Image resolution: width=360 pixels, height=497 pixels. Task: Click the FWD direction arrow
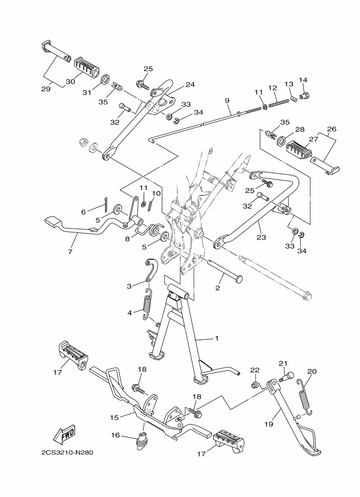click(64, 434)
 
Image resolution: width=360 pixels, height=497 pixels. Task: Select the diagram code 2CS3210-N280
click(68, 452)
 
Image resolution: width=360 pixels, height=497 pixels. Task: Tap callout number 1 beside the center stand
click(217, 339)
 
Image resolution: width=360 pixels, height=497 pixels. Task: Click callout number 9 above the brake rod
click(227, 101)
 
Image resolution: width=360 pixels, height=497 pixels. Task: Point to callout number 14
click(303, 80)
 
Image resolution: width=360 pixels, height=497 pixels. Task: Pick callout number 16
click(115, 435)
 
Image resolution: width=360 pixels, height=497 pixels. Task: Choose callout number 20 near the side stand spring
click(312, 371)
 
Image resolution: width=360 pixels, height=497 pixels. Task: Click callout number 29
click(46, 89)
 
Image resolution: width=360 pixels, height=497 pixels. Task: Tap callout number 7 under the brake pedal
click(70, 252)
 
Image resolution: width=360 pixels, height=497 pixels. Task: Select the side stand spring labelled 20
click(304, 396)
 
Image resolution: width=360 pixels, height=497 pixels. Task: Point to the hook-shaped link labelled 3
click(151, 270)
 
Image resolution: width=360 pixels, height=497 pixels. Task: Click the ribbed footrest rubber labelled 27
click(298, 149)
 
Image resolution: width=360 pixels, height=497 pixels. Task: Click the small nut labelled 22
click(254, 385)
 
